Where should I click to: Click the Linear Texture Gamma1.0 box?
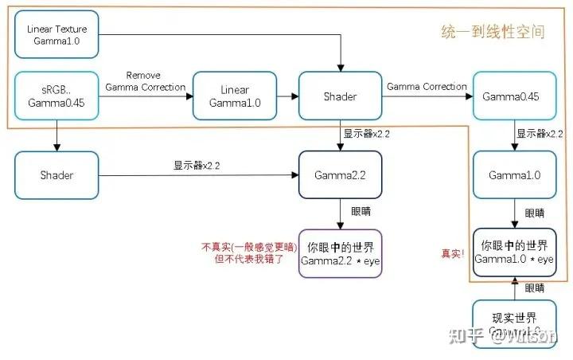[x=57, y=34]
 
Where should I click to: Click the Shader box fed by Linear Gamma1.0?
[x=340, y=96]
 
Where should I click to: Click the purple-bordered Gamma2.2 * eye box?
[x=340, y=253]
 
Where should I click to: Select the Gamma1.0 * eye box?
[x=513, y=252]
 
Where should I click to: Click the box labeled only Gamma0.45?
[x=513, y=96]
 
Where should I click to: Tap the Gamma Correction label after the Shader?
[x=427, y=86]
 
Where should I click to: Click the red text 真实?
[x=452, y=253]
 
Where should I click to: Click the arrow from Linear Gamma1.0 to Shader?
[x=287, y=96]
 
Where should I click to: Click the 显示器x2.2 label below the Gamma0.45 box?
[x=539, y=134]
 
